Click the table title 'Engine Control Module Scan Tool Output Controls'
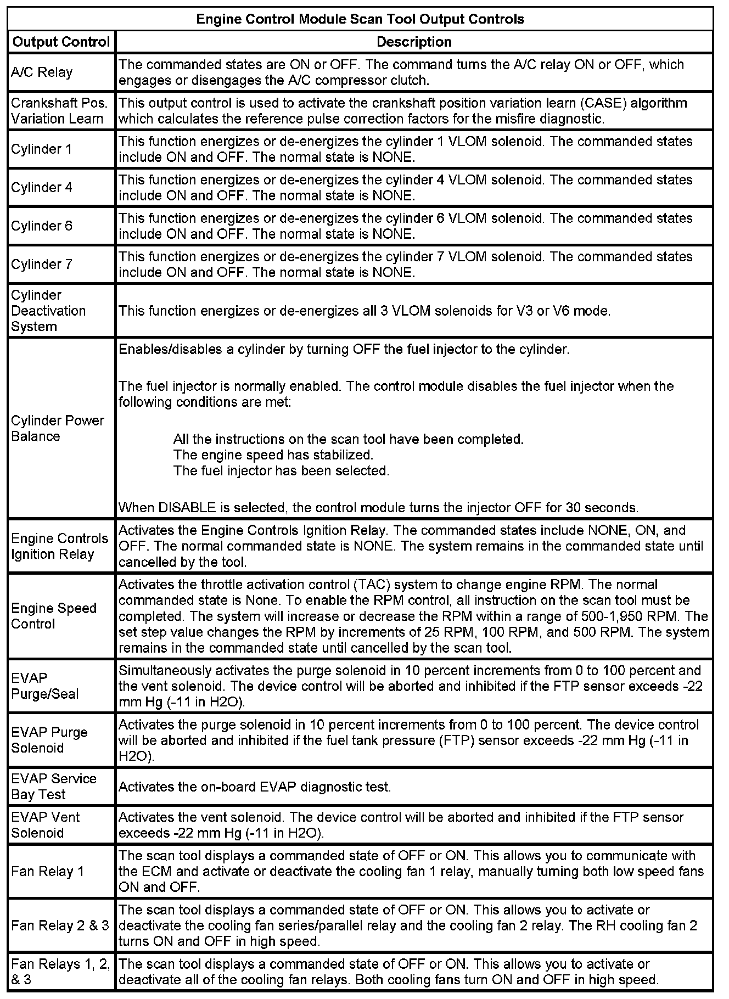tap(360, 19)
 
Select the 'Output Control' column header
tap(61, 42)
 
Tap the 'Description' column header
tap(414, 42)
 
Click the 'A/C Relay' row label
tap(42, 72)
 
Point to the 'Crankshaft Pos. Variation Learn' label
tap(59, 111)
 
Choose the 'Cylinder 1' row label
tap(42, 149)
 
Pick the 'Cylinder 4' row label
tap(42, 188)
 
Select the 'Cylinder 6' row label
tap(42, 226)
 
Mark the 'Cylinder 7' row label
tap(42, 265)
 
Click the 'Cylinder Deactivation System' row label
tap(48, 311)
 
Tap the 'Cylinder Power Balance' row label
tap(57, 428)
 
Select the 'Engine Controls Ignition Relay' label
tap(59, 546)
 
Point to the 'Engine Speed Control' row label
tap(54, 616)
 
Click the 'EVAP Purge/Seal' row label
tap(45, 686)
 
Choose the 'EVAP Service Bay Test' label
tap(54, 787)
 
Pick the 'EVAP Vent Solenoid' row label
tap(46, 825)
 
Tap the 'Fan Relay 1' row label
tap(48, 871)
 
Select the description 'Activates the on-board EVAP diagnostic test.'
tap(255, 787)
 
